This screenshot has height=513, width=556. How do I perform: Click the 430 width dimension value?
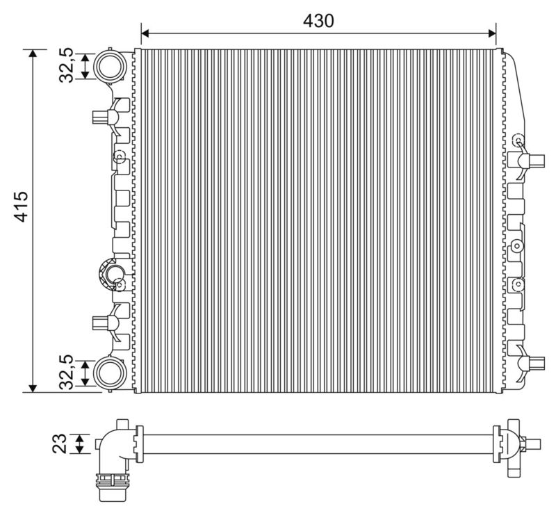point(318,21)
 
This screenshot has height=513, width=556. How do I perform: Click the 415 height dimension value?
point(21,206)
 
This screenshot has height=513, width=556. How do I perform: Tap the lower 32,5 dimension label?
point(66,373)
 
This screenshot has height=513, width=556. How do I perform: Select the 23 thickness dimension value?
point(60,443)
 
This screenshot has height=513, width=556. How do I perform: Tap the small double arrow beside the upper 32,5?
point(85,66)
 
